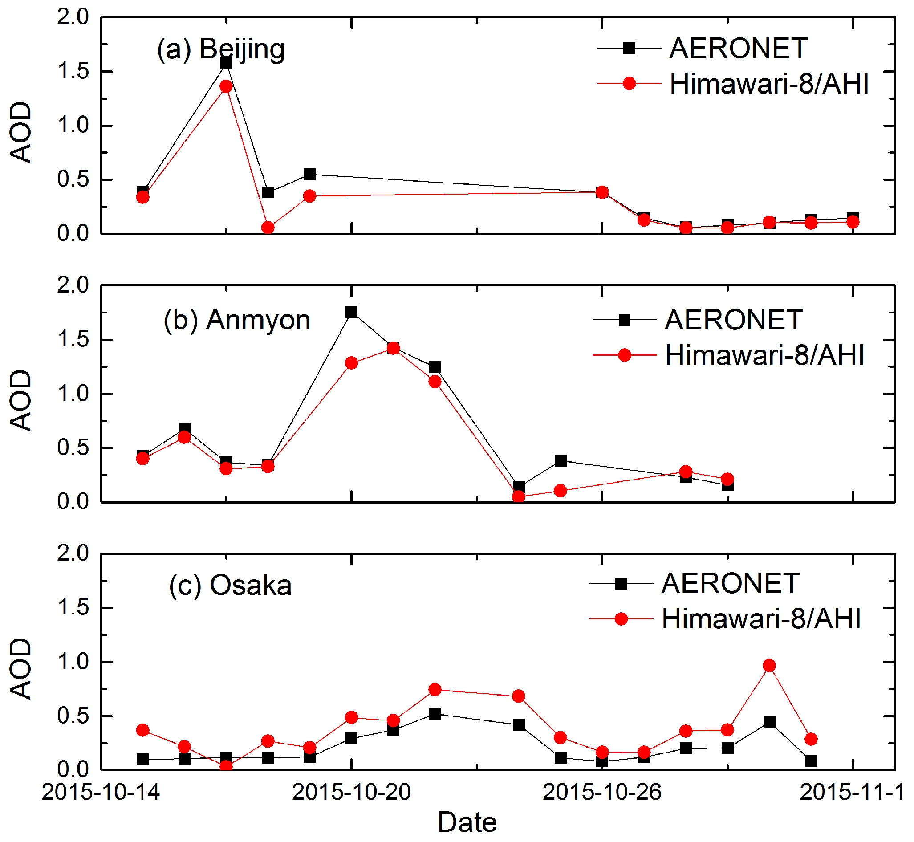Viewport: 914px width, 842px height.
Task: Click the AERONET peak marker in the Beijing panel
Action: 226,63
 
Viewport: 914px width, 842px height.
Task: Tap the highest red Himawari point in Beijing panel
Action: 226,86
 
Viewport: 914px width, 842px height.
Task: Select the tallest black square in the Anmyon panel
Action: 351,312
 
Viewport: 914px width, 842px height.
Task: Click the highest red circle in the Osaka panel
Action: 769,666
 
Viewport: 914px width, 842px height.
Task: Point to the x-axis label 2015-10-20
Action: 351,792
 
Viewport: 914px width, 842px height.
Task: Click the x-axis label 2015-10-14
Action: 101,792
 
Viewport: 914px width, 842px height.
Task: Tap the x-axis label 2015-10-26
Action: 602,792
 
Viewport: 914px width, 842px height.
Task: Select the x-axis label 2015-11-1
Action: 852,792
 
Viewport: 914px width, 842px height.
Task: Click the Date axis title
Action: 467,823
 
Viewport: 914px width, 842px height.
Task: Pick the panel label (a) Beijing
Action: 221,49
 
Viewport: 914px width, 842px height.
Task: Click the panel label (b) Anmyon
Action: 237,320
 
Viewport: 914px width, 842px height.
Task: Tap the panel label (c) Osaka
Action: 230,585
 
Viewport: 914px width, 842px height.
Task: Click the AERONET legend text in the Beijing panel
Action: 738,48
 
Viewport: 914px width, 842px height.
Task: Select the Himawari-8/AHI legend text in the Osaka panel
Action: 761,619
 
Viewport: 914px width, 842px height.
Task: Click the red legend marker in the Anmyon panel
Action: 625,355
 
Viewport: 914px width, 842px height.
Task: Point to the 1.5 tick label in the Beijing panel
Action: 73,72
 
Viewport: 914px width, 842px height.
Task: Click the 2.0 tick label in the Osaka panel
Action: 73,553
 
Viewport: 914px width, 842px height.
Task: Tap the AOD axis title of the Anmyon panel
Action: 20,400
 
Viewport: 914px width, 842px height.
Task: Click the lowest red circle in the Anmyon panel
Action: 519,496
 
